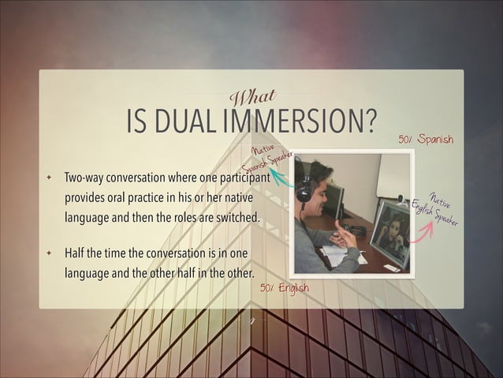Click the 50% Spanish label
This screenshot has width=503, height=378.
click(426, 140)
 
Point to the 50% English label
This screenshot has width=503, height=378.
click(285, 288)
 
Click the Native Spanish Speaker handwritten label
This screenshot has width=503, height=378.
click(268, 159)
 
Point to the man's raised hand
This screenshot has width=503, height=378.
click(344, 234)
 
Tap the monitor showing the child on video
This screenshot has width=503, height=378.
click(389, 232)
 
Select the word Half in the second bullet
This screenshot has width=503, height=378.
click(76, 254)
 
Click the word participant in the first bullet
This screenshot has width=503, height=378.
click(244, 178)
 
